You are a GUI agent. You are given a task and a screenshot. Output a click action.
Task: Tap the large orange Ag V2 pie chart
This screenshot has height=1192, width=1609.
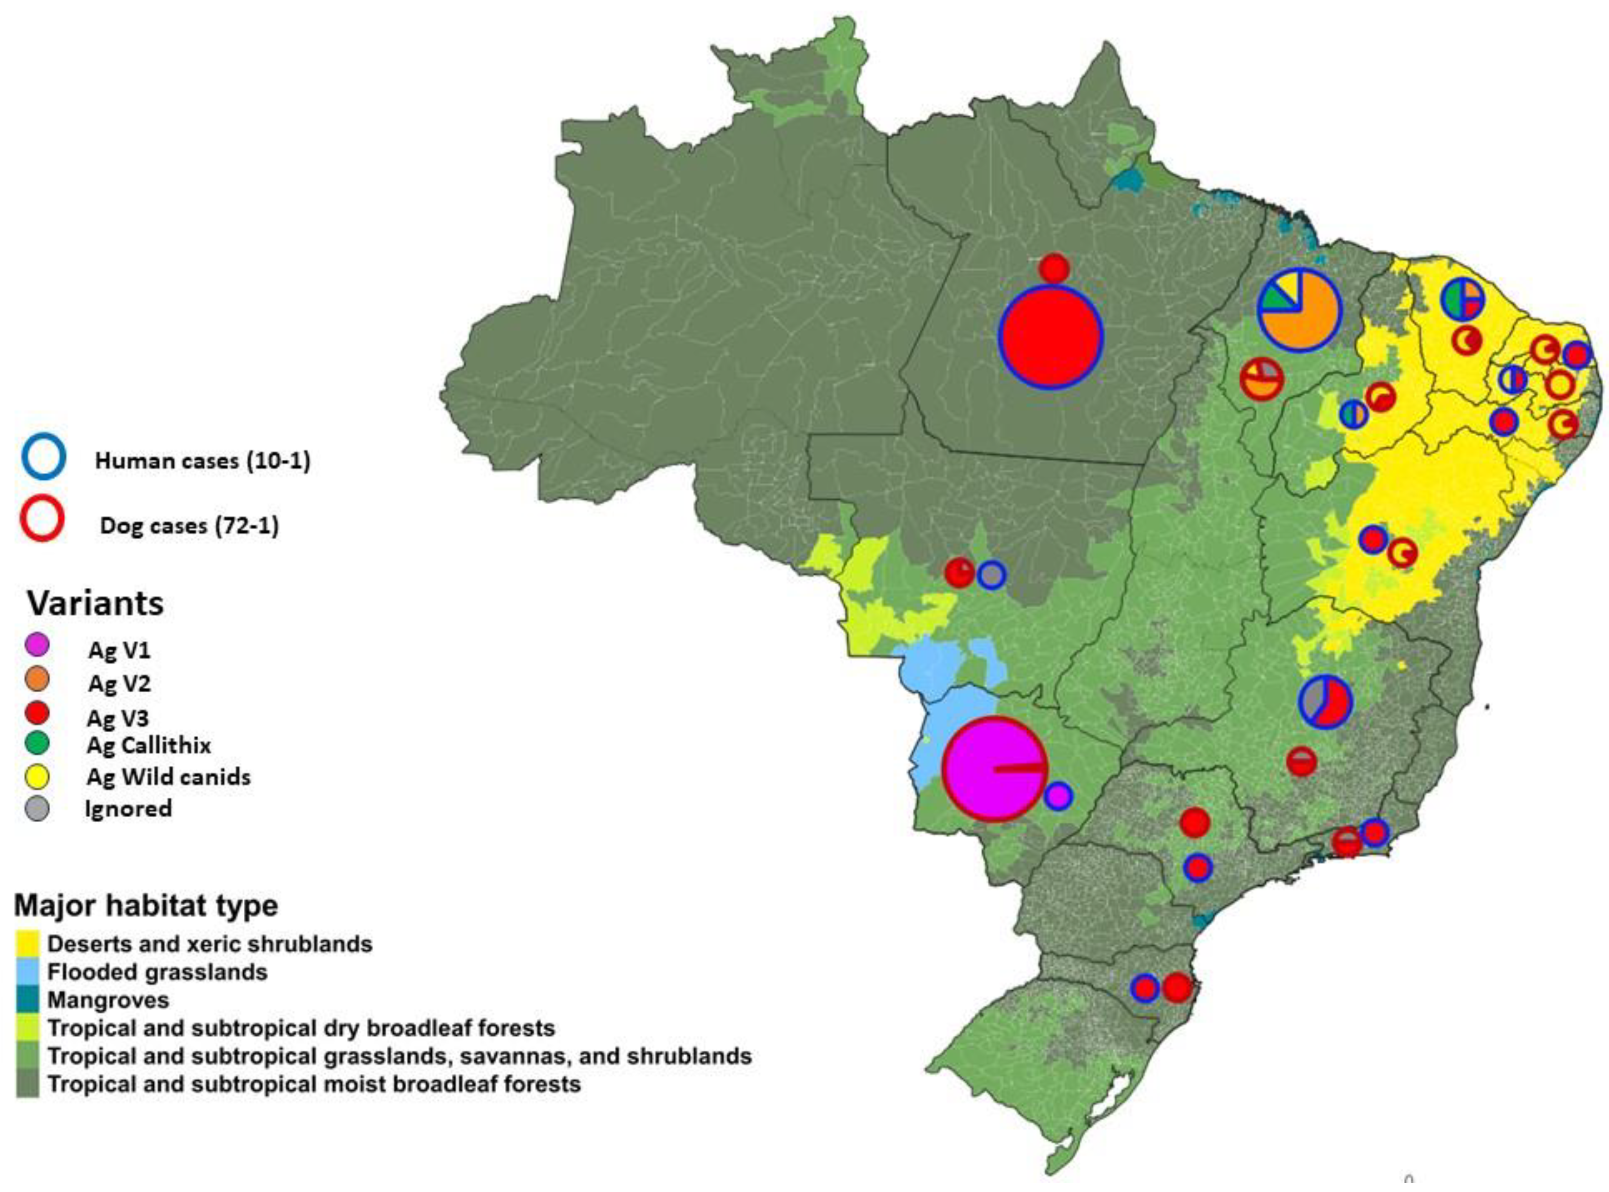pos(1299,310)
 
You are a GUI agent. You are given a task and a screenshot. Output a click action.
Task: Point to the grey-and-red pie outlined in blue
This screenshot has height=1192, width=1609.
pos(1325,702)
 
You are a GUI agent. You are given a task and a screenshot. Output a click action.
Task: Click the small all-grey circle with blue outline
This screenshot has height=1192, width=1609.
pos(992,575)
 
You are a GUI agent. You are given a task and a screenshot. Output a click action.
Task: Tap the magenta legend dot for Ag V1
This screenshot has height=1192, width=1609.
pos(37,643)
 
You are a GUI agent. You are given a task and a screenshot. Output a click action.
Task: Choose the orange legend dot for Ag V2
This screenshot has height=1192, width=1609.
pos(37,678)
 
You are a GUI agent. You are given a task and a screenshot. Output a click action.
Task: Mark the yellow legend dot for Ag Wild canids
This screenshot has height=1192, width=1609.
pos(37,776)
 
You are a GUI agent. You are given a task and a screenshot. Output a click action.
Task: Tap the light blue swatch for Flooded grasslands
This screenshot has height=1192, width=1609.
pos(27,972)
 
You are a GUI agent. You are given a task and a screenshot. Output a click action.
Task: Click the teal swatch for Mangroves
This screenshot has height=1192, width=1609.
pos(27,1000)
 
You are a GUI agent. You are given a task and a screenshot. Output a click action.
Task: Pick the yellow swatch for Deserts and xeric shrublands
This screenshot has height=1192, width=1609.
pos(27,944)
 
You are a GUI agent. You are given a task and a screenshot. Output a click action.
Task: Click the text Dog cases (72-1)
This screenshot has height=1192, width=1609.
pos(189,525)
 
